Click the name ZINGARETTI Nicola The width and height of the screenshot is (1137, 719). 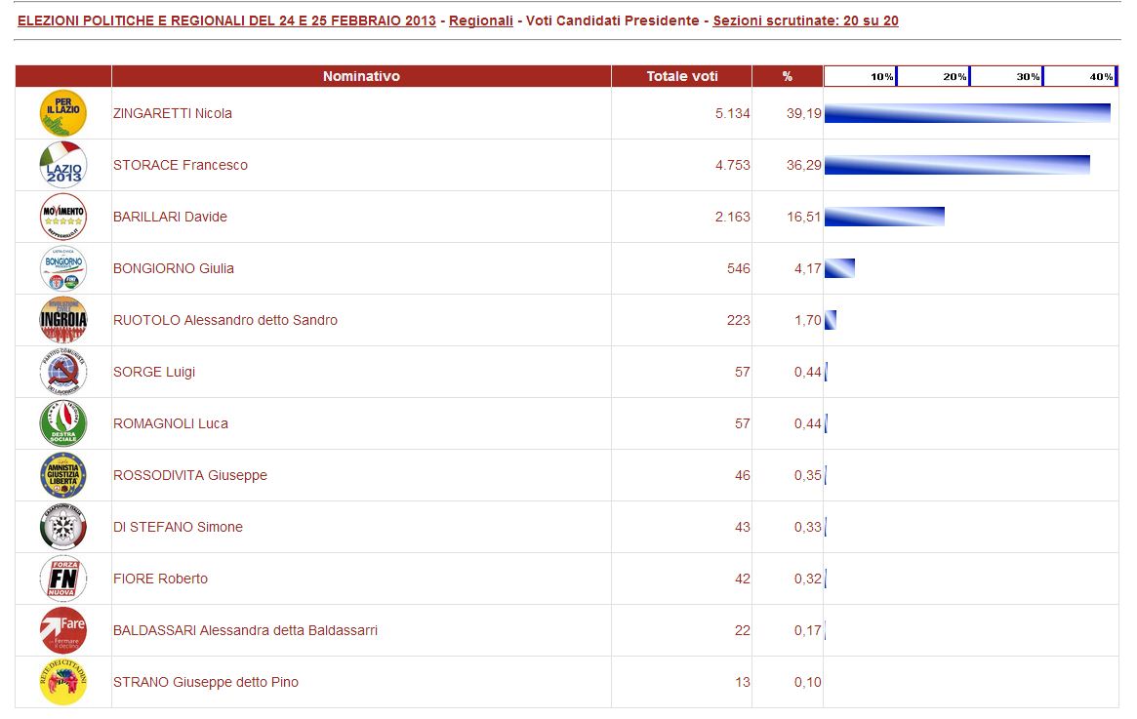coord(173,113)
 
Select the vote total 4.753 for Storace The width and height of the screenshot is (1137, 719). coord(732,165)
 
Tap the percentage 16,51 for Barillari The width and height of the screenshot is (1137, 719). coord(804,217)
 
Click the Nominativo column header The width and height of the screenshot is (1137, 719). coord(361,76)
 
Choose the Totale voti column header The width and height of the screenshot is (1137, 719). coord(682,76)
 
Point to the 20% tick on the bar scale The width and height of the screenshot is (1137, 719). coord(954,76)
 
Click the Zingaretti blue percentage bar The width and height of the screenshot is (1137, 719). coord(966,113)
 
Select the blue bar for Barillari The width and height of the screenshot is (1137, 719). coord(884,217)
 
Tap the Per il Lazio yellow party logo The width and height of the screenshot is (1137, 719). coord(63,113)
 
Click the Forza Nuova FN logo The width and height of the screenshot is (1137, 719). coord(63,579)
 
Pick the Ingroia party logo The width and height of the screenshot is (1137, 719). coord(63,320)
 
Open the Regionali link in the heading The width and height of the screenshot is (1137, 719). coord(481,20)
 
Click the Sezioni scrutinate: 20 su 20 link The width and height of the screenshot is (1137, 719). coord(805,20)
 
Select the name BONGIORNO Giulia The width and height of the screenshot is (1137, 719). coord(174,268)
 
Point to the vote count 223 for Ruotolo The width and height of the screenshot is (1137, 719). coord(738,320)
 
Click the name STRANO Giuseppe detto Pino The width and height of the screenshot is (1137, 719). coord(206,682)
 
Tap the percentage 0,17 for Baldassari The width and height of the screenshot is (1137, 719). coord(807,630)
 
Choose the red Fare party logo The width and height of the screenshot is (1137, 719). coord(63,630)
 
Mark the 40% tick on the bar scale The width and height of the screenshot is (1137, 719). coord(1101,76)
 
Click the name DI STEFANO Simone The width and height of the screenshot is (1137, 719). coord(178,527)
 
